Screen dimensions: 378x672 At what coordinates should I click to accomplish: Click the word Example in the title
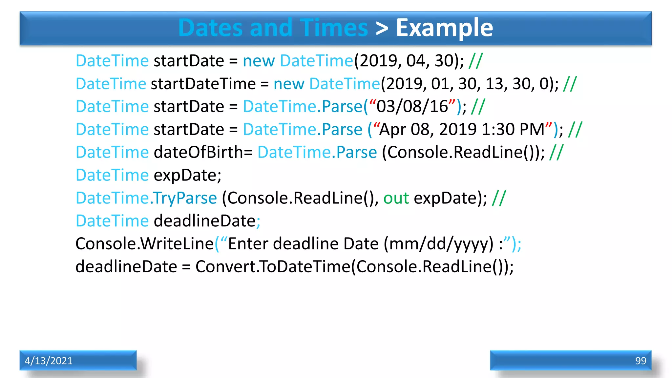444,28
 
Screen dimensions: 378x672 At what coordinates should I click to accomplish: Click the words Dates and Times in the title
273,28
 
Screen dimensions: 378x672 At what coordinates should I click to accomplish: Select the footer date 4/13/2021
49,361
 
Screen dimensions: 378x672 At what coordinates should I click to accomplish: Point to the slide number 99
640,361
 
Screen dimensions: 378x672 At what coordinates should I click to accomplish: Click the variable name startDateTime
203,84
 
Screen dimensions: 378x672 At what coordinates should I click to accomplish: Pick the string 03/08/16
412,107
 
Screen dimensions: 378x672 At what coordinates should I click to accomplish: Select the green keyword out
396,198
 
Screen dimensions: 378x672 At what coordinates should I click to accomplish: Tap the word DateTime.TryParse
146,198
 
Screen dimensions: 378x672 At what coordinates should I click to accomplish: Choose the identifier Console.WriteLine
145,244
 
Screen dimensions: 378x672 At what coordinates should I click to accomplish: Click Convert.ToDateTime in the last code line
273,267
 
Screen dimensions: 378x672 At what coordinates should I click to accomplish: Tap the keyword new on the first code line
259,61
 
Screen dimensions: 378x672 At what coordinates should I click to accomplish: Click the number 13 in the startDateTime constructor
494,84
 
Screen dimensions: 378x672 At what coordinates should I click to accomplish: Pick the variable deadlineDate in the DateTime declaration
205,221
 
